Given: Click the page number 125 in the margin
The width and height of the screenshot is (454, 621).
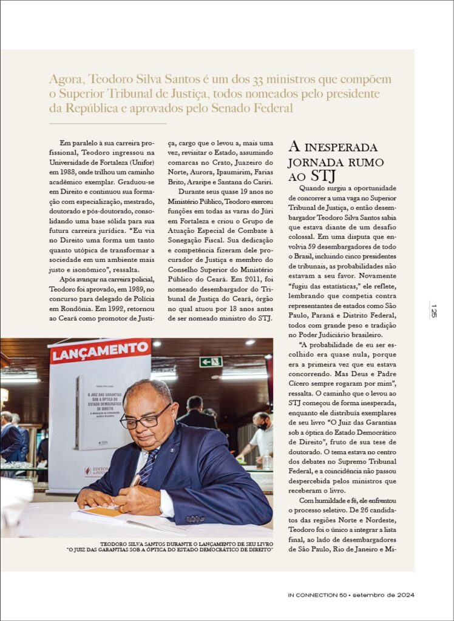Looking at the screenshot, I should (x=433, y=310).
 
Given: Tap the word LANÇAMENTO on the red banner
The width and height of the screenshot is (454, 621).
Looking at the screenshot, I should (x=101, y=351).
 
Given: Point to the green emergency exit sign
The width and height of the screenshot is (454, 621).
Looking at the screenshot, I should (x=211, y=361).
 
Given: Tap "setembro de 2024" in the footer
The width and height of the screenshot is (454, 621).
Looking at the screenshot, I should (x=384, y=596).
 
